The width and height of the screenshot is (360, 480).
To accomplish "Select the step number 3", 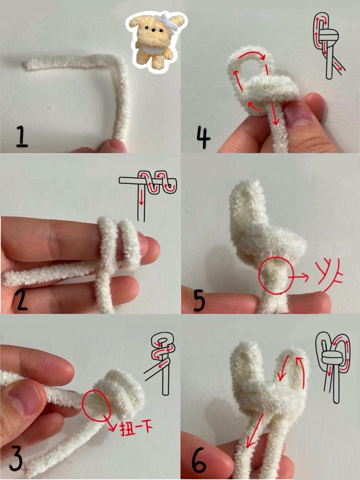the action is [x=16, y=459].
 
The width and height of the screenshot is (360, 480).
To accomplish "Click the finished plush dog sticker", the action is [x=156, y=41].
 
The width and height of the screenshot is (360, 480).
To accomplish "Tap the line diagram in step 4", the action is [x=328, y=46].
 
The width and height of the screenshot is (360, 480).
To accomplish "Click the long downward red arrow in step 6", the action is [x=255, y=431].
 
